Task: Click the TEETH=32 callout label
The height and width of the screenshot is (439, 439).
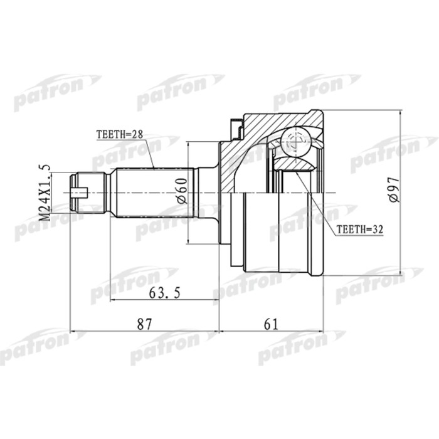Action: (360, 230)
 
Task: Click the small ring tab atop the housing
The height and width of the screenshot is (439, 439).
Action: (238, 130)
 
